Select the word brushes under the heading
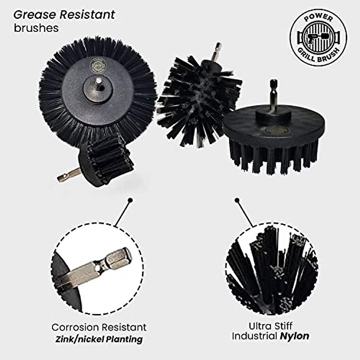click(x=36, y=28)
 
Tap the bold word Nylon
click(x=294, y=336)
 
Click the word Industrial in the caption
click(x=255, y=336)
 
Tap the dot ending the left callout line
click(x=130, y=200)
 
